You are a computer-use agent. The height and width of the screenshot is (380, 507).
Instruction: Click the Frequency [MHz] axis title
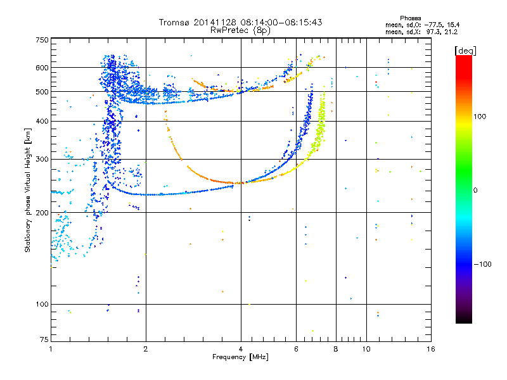point(240,357)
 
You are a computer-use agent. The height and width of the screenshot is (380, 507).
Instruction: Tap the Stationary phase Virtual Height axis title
point(28,190)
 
